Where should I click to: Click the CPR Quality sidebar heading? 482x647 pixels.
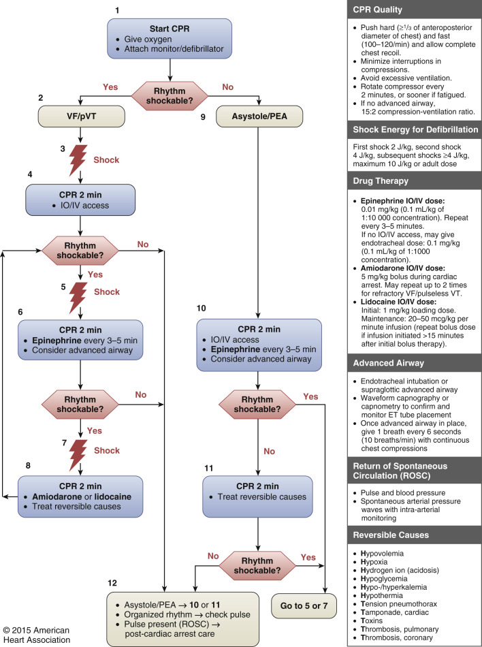(387, 10)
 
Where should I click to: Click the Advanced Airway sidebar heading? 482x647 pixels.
(392, 364)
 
